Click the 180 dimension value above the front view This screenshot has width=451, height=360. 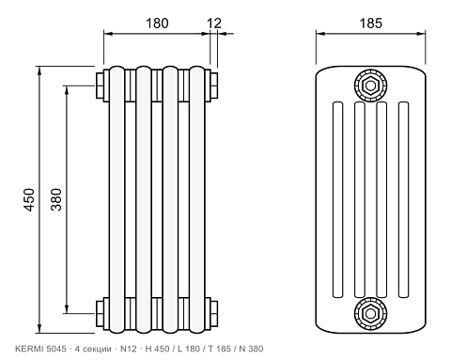[157, 23]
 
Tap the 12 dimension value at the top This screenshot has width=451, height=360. [214, 23]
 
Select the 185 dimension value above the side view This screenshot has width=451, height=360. [371, 23]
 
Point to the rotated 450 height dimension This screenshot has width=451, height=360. [29, 199]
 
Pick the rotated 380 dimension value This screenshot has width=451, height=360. [56, 199]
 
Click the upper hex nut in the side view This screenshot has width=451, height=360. [370, 86]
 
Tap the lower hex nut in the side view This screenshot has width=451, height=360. [370, 313]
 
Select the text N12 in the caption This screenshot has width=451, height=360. [129, 349]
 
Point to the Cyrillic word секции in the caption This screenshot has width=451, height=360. [96, 349]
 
